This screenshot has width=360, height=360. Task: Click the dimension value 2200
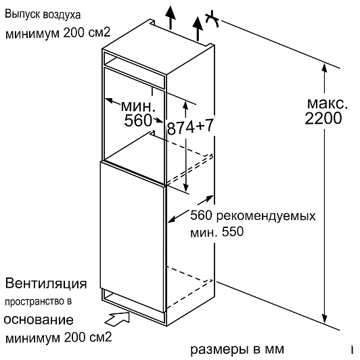click(323, 118)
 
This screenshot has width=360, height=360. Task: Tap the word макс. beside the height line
click(327, 104)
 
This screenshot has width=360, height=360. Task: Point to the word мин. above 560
click(138, 106)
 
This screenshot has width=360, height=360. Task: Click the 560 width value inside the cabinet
click(138, 120)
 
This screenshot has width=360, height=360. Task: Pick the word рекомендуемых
click(266, 217)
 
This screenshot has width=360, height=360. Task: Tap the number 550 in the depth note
click(232, 231)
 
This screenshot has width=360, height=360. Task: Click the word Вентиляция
click(46, 284)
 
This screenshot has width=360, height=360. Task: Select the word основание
click(39, 320)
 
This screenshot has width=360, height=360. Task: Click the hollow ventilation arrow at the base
click(118, 319)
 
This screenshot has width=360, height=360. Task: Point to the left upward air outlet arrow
click(171, 18)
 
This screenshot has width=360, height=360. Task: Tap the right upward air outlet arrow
click(198, 28)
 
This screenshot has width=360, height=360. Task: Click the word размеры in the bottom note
click(220, 350)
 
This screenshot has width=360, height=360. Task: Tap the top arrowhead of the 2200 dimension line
click(324, 68)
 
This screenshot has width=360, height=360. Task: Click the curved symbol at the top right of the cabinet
click(212, 19)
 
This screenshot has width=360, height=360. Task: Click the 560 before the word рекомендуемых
click(201, 216)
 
